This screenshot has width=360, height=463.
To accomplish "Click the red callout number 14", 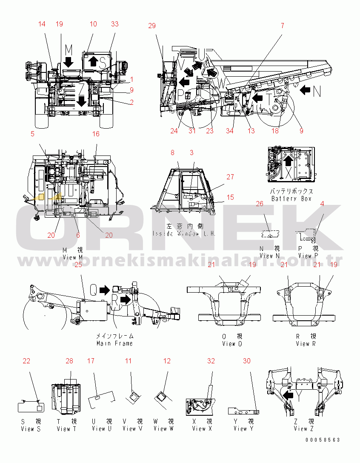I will click(42, 24).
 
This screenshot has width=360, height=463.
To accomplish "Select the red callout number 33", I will click(114, 24).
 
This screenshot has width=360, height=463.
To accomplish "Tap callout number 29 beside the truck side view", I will click(152, 26).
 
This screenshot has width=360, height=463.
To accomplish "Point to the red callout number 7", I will click(282, 26).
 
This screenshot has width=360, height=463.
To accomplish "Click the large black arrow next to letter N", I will click(306, 90).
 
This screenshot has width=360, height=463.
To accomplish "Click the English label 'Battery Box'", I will click(291, 198).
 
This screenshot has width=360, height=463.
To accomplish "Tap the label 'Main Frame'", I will click(114, 343).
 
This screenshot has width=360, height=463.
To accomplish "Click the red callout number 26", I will click(260, 204).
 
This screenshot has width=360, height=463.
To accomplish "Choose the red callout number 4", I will click(322, 204).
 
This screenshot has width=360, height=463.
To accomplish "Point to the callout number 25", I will click(78, 265).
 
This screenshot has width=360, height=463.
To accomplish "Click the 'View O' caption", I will click(232, 344).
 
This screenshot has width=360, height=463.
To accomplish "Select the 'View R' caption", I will click(306, 344).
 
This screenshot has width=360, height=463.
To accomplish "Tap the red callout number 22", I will click(26, 361).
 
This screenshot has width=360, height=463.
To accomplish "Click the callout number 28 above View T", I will click(69, 361).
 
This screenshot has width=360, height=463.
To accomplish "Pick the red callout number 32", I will click(211, 361).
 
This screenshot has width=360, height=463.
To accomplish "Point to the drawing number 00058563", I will click(322, 440).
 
